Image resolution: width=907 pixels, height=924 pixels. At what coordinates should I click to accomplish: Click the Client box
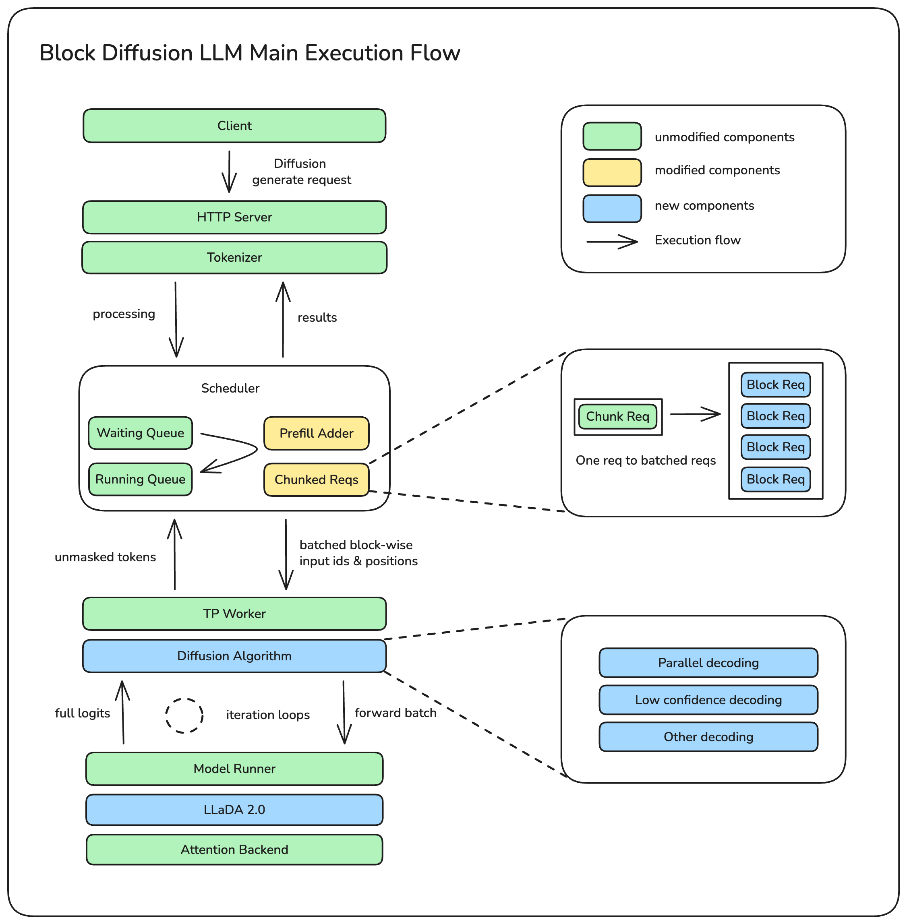(234, 126)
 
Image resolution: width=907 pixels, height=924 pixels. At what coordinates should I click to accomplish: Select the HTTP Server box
(234, 217)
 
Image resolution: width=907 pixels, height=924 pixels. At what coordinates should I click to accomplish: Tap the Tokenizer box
(234, 258)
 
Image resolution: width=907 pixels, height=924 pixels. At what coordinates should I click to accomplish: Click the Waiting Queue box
(141, 433)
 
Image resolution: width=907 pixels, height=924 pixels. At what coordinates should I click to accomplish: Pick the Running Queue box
(141, 479)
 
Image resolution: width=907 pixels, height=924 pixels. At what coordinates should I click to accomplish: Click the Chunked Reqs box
(316, 480)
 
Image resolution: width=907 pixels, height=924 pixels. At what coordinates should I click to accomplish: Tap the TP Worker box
(234, 614)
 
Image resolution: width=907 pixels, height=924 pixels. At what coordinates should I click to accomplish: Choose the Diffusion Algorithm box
(234, 656)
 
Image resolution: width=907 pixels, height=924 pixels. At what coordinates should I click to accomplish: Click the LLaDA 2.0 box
(234, 810)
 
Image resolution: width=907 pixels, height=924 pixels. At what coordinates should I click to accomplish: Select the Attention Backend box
(234, 850)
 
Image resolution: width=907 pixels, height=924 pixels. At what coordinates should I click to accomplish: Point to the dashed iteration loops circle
(184, 715)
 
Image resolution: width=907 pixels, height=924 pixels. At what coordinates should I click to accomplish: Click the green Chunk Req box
(617, 417)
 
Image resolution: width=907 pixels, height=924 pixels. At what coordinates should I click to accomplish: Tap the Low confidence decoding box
(708, 700)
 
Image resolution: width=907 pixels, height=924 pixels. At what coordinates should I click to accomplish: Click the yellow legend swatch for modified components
(612, 172)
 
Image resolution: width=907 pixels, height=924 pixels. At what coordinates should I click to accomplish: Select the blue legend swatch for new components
(612, 209)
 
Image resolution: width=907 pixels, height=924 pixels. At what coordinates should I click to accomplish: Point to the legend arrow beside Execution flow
(612, 242)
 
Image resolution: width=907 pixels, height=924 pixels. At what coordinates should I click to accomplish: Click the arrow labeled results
(283, 319)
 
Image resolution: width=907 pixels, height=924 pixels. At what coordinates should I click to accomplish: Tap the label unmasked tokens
(105, 557)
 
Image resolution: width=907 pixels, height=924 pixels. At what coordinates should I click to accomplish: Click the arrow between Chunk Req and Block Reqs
(696, 414)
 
